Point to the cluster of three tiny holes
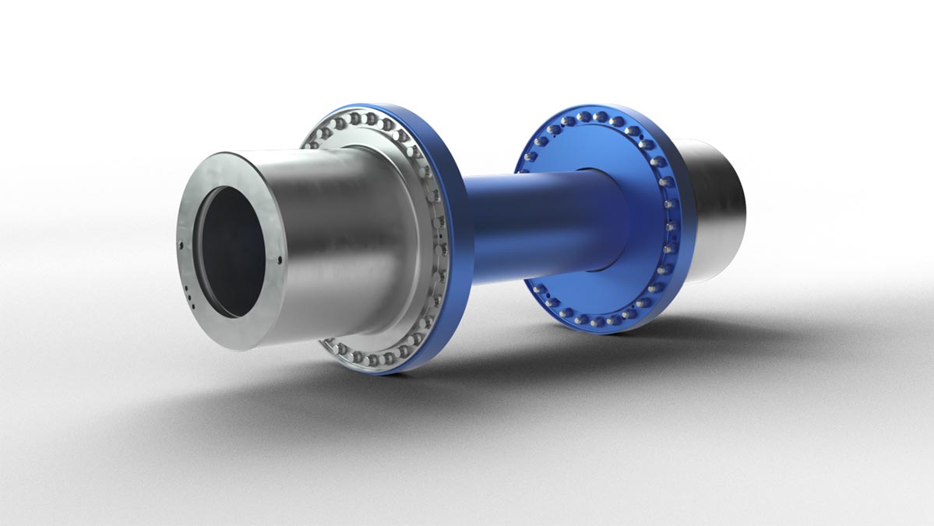click(189, 295)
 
